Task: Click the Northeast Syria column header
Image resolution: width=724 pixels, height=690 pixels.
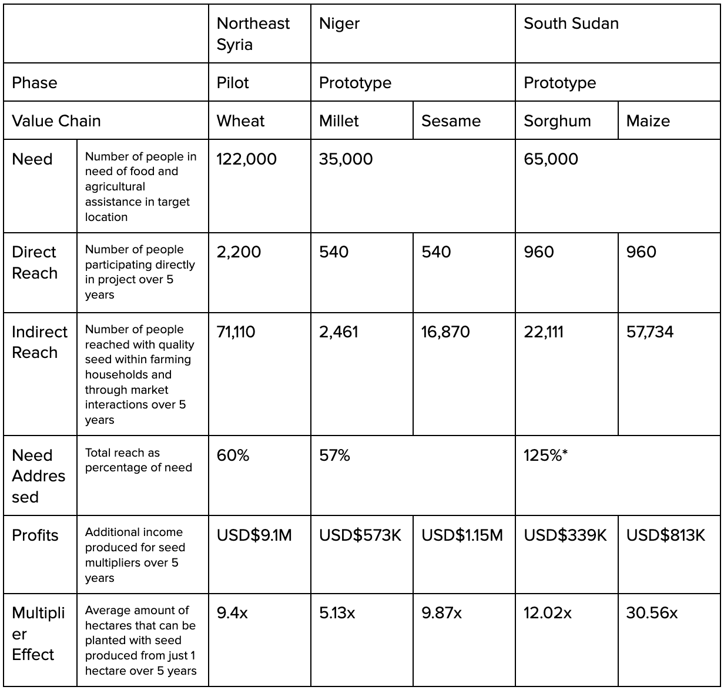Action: click(253, 34)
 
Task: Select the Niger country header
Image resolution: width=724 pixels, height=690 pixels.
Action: click(340, 24)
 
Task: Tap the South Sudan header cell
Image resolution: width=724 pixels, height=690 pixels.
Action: click(571, 24)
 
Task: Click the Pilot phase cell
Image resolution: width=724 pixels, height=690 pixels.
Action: click(233, 83)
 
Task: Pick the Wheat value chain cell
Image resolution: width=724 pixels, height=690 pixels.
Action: click(241, 121)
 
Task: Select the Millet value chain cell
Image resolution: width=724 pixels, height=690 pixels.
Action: click(339, 121)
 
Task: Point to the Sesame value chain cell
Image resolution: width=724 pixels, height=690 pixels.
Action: click(451, 121)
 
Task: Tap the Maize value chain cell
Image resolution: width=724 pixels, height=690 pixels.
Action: click(648, 121)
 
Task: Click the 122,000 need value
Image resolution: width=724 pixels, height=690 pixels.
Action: click(247, 159)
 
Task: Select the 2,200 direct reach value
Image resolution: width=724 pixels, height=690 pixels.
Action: click(239, 252)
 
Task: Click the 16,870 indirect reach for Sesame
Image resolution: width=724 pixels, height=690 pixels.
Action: click(445, 332)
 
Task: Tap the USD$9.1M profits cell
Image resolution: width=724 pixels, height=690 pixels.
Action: click(254, 535)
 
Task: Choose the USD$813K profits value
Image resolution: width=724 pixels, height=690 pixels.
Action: click(665, 535)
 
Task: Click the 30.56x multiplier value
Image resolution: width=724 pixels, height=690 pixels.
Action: click(652, 614)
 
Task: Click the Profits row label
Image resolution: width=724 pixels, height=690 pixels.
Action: click(35, 535)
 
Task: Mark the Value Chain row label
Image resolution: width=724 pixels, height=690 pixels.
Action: click(56, 121)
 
